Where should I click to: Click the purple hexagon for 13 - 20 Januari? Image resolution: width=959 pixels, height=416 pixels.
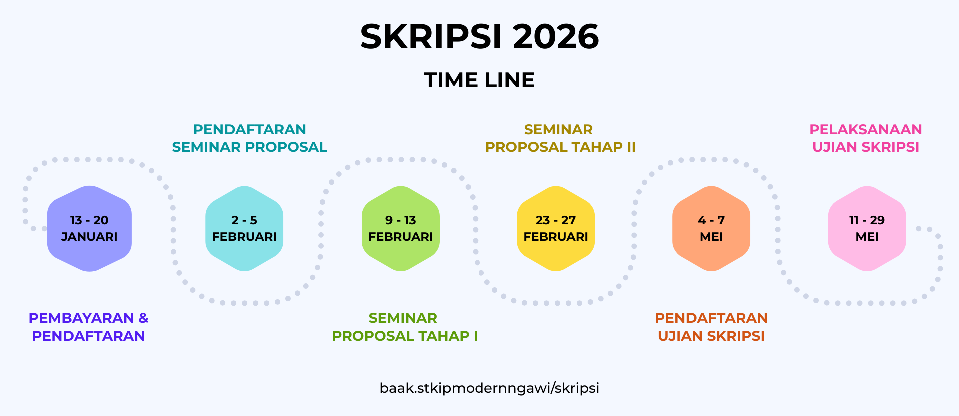pyautogui.click(x=89, y=229)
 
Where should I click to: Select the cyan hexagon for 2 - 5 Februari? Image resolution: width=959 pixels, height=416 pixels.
pyautogui.click(x=244, y=229)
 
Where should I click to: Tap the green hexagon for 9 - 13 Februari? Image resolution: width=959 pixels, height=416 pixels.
pyautogui.click(x=401, y=229)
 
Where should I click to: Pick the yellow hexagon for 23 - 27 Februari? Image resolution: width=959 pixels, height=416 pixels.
pyautogui.click(x=556, y=229)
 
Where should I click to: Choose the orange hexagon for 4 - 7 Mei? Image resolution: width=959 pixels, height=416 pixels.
pyautogui.click(x=711, y=229)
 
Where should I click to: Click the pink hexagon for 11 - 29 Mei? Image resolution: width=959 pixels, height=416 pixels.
pyautogui.click(x=867, y=229)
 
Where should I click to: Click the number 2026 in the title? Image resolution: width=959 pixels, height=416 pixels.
pyautogui.click(x=556, y=37)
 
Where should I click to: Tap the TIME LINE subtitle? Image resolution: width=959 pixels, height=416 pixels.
pyautogui.click(x=479, y=80)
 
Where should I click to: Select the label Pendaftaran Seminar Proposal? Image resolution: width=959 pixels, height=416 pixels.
pyautogui.click(x=250, y=138)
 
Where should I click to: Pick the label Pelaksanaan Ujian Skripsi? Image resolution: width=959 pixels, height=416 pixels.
pyautogui.click(x=866, y=138)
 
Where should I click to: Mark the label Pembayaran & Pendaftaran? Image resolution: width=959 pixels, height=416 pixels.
pyautogui.click(x=88, y=327)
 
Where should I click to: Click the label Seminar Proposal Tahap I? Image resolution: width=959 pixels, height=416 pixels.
pyautogui.click(x=405, y=327)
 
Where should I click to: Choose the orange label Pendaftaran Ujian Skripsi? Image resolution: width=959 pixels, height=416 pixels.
pyautogui.click(x=711, y=327)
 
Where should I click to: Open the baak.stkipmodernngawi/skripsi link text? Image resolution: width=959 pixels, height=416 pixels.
pyautogui.click(x=489, y=388)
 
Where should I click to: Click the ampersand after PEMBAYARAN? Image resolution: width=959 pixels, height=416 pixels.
pyautogui.click(x=143, y=318)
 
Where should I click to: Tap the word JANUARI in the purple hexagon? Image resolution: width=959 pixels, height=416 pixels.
pyautogui.click(x=89, y=237)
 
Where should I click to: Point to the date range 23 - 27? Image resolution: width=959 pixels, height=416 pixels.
pyautogui.click(x=556, y=220)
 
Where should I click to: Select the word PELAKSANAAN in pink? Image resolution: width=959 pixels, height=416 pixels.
pyautogui.click(x=866, y=130)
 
